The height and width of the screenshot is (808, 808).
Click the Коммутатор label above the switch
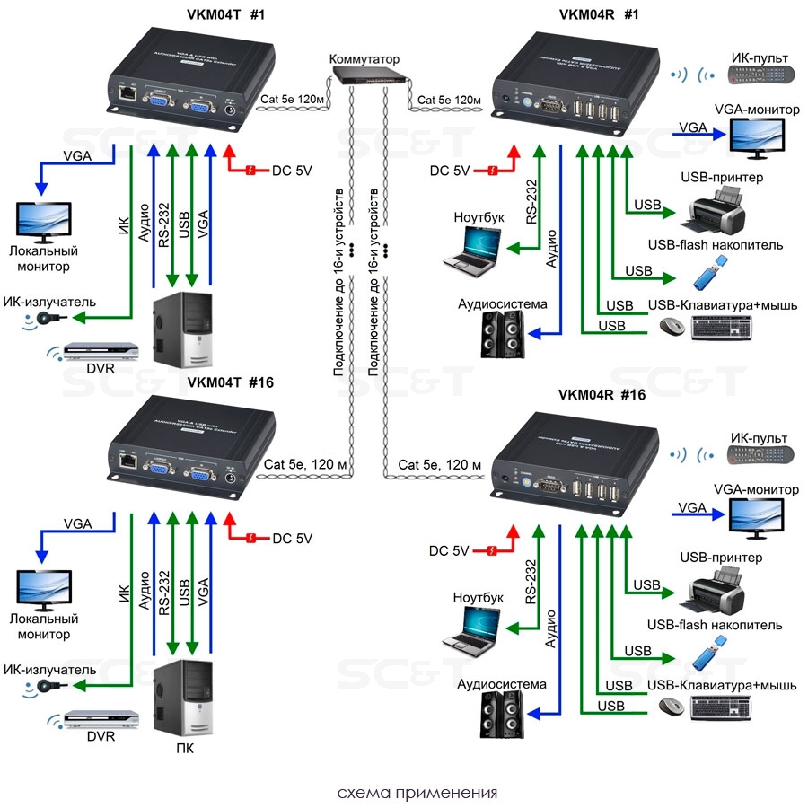coord(364,59)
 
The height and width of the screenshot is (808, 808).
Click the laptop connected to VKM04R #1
coord(473,248)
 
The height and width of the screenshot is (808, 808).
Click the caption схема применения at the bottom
coord(417,794)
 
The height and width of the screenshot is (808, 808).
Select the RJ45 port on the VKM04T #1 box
coord(128,92)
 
